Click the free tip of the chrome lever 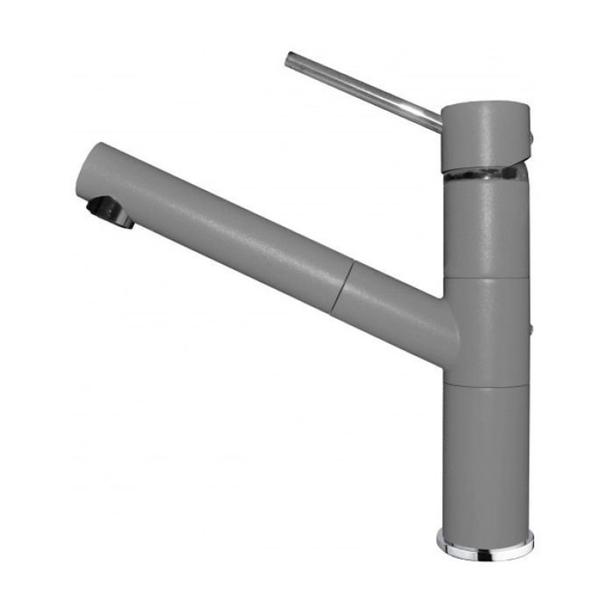click(291, 59)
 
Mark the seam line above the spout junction click(486, 278)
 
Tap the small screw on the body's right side click(530, 329)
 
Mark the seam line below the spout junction click(486, 385)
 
